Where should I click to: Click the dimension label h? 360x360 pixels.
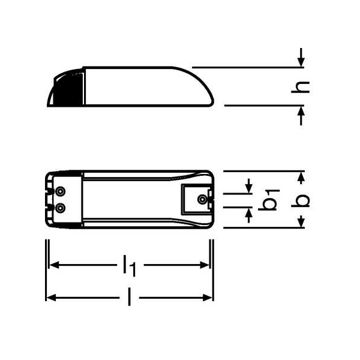301,87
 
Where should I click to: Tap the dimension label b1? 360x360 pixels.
269,200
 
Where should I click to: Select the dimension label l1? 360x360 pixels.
130,265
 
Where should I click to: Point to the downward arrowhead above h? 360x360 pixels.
301,62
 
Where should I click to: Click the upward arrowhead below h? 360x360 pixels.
301,112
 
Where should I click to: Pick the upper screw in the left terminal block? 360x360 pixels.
60,191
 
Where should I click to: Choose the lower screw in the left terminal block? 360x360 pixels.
60,208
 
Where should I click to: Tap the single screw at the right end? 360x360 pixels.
202,199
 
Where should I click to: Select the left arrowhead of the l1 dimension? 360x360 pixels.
54,265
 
